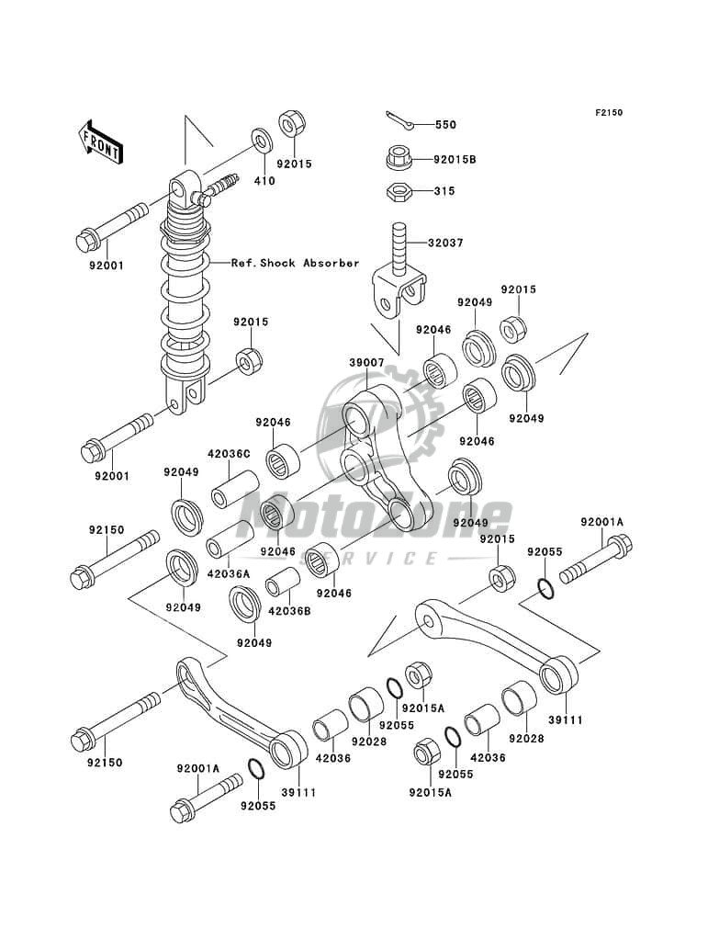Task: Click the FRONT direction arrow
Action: pyautogui.click(x=100, y=142)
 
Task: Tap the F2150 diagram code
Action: pyautogui.click(x=609, y=112)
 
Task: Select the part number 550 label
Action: pyautogui.click(x=445, y=125)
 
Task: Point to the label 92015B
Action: pyautogui.click(x=455, y=160)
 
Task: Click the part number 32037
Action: pyautogui.click(x=445, y=243)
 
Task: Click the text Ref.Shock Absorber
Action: pyautogui.click(x=296, y=263)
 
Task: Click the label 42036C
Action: pyautogui.click(x=229, y=454)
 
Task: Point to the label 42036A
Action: pyautogui.click(x=229, y=573)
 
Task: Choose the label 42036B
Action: pyautogui.click(x=289, y=612)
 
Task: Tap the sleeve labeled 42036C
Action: pyautogui.click(x=234, y=489)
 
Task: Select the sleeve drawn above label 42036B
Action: pyautogui.click(x=283, y=581)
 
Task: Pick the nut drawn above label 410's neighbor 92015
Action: pyautogui.click(x=292, y=126)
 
